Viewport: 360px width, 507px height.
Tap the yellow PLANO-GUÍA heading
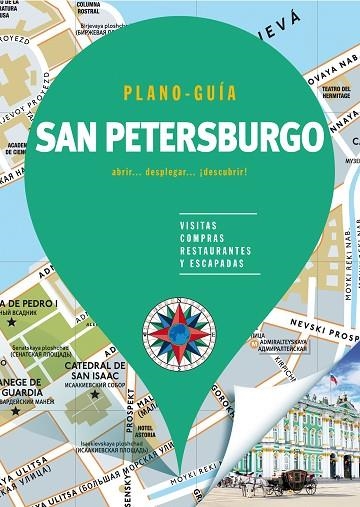click(180, 94)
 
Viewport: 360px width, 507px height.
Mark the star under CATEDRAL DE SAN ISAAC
click(96, 394)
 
